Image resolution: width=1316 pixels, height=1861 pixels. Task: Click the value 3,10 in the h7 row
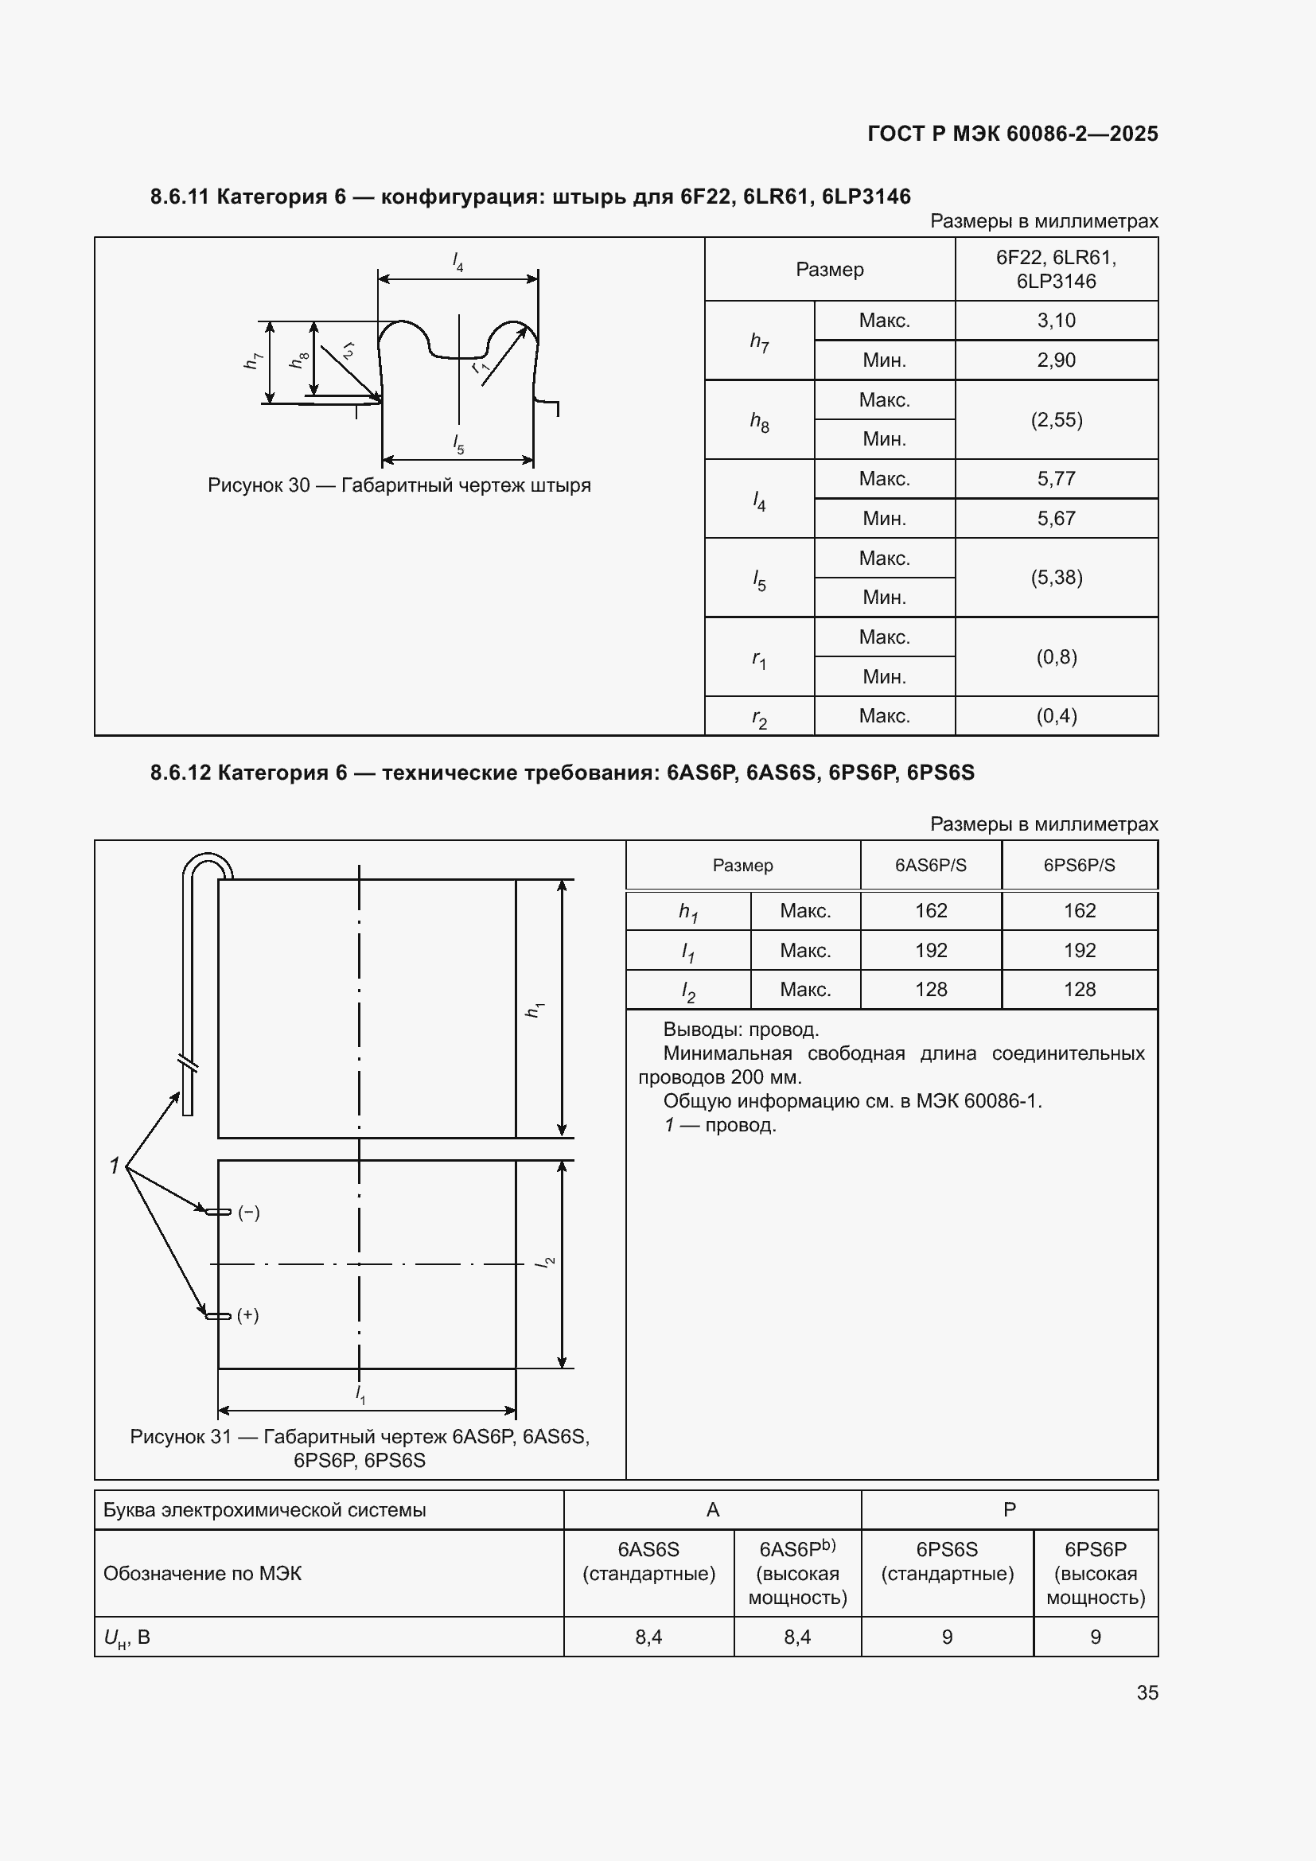pyautogui.click(x=1056, y=320)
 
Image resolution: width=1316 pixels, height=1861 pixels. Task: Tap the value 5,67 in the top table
pyautogui.click(x=1056, y=518)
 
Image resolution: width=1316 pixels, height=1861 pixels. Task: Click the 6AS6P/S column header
pyautogui.click(x=930, y=865)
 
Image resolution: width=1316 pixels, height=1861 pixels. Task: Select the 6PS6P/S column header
pyautogui.click(x=1079, y=865)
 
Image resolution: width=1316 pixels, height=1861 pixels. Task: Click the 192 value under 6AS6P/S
pyautogui.click(x=930, y=950)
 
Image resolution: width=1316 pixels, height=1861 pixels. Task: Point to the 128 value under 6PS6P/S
pyautogui.click(x=1079, y=989)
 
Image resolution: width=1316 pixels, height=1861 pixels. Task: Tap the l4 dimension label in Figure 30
pyautogui.click(x=457, y=262)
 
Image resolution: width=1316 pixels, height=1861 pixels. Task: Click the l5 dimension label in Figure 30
pyautogui.click(x=458, y=443)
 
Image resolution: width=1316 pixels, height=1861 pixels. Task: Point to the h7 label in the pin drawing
pyautogui.click(x=253, y=360)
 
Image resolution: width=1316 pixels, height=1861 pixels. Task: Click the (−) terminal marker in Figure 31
pyautogui.click(x=249, y=1213)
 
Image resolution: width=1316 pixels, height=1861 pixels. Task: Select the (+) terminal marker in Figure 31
pyautogui.click(x=248, y=1314)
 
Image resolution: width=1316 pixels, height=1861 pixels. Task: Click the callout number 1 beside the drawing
pyautogui.click(x=115, y=1166)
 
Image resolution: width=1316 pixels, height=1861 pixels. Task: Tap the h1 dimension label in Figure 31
pyautogui.click(x=534, y=1009)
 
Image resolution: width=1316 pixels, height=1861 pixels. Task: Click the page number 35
pyautogui.click(x=1147, y=1692)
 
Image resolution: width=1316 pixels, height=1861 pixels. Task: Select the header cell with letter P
pyautogui.click(x=1009, y=1509)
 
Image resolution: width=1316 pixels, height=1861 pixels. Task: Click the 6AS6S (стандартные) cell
pyautogui.click(x=648, y=1561)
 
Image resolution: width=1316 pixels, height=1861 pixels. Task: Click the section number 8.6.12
pyautogui.click(x=180, y=773)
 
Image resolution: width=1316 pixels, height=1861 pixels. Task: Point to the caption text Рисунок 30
pyautogui.click(x=259, y=485)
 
